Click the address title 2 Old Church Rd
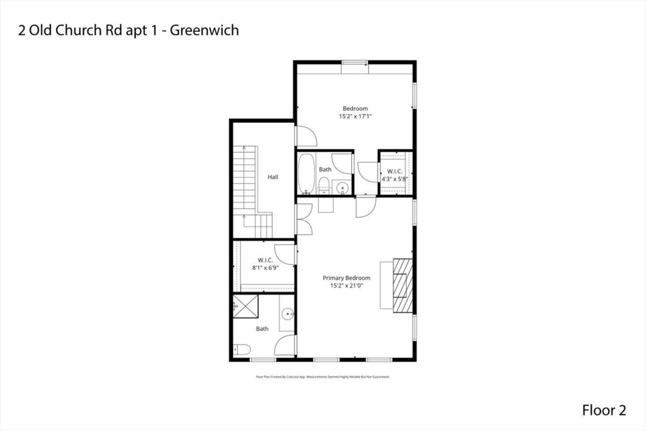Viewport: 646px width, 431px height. pos(128,30)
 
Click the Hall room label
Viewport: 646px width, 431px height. pos(273,177)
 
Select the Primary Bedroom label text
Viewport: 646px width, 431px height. pos(346,278)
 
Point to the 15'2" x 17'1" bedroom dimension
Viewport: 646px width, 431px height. pos(355,116)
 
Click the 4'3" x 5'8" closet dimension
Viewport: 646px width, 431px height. pos(394,179)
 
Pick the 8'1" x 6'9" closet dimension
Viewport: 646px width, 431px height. pos(265,267)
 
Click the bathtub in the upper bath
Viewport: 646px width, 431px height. pos(306,174)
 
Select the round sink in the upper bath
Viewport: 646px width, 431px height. pos(342,188)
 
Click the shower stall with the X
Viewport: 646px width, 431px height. pos(245,306)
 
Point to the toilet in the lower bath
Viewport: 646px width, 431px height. pos(242,350)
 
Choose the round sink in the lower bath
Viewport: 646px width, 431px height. pos(288,314)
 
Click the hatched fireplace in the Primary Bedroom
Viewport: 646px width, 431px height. pos(403,285)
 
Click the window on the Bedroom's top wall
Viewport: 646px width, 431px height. pos(355,63)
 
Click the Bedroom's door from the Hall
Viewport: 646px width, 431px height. pos(306,136)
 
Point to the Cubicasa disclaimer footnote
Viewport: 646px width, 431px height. pos(323,377)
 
